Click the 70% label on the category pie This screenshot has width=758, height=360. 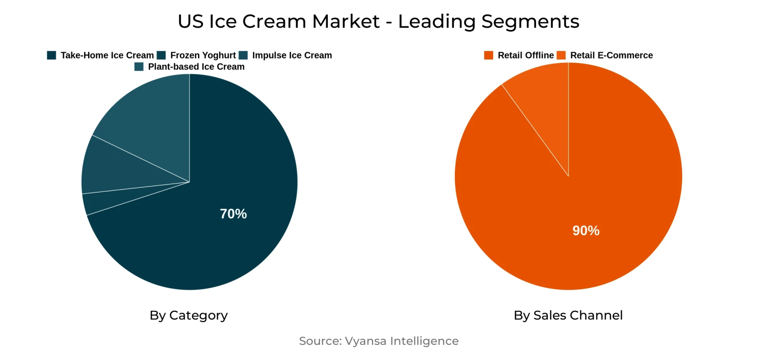point(233,214)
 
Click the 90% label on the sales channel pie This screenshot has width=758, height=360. point(586,230)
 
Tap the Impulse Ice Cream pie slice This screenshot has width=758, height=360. point(116,168)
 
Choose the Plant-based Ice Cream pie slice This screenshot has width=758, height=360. point(152,120)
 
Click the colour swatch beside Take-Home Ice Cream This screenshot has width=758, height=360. point(52,55)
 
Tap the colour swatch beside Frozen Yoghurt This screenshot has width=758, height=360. point(161,55)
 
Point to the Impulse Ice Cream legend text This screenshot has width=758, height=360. point(292,55)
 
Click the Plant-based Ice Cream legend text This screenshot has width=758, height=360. point(196,67)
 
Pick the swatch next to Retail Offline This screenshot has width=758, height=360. point(489,55)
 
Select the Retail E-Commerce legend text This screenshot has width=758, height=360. point(611,55)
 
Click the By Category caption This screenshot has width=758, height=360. point(188,315)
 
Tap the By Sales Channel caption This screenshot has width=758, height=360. point(568,315)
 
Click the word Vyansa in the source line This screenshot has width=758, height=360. point(365,341)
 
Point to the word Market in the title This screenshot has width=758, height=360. point(345,21)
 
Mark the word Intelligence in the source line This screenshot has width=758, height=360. point(424,341)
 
